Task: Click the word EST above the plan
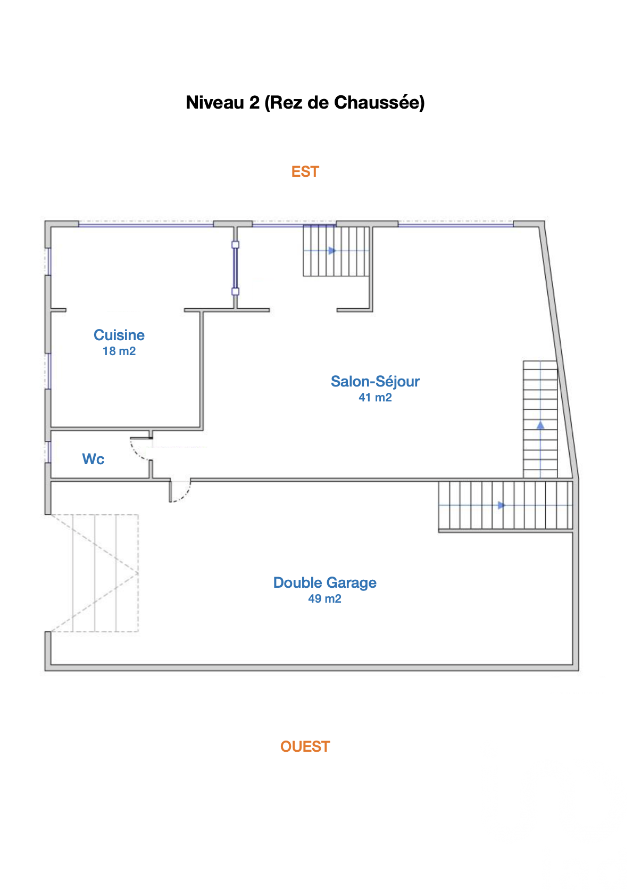pyautogui.click(x=305, y=171)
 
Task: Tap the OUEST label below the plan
pyautogui.click(x=305, y=746)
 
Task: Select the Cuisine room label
pyautogui.click(x=119, y=335)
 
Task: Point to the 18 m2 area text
pyautogui.click(x=119, y=351)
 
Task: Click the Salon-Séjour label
pyautogui.click(x=375, y=382)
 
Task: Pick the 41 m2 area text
pyautogui.click(x=375, y=398)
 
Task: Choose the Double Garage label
pyautogui.click(x=325, y=583)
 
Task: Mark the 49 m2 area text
pyautogui.click(x=325, y=599)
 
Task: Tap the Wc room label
pyautogui.click(x=93, y=459)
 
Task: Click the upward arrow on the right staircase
pyautogui.click(x=540, y=425)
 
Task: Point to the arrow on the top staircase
pyautogui.click(x=332, y=251)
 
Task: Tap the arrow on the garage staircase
pyautogui.click(x=502, y=506)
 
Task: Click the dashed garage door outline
pyautogui.click(x=95, y=573)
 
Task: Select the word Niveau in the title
pyautogui.click(x=215, y=102)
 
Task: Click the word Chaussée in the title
pyautogui.click(x=379, y=102)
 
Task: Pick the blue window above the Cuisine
pyautogui.click(x=146, y=225)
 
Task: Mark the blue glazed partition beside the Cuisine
pyautogui.click(x=235, y=268)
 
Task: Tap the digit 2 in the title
pyautogui.click(x=254, y=102)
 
